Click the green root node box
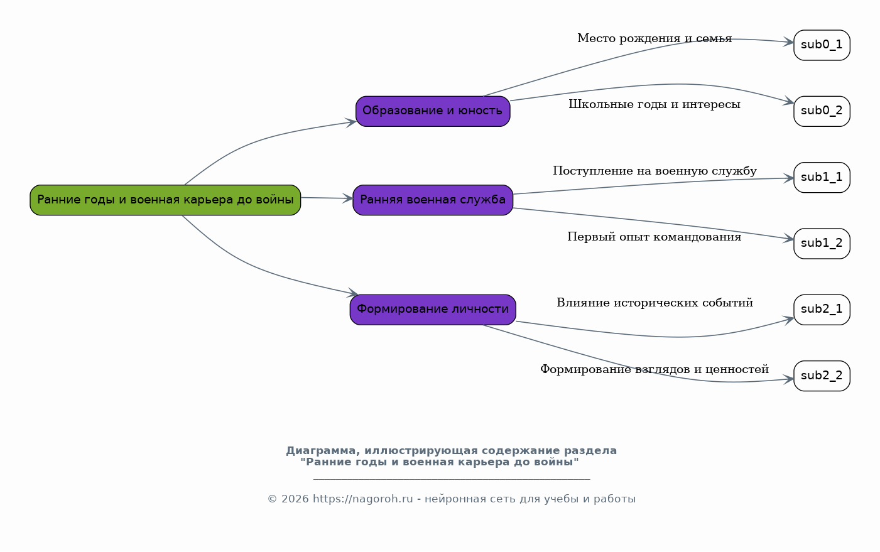pos(165,200)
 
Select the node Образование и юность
pos(433,111)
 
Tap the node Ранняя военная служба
pos(433,200)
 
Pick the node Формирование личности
pos(433,310)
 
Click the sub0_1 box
pos(822,45)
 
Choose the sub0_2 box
pos(822,111)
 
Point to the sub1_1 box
pos(822,177)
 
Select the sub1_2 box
pos(822,244)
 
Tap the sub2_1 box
pos(822,310)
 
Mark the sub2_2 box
pos(822,376)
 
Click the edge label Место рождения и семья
pos(655,38)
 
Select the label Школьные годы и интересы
pos(655,104)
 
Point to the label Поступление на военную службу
pos(655,171)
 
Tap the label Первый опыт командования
pos(655,237)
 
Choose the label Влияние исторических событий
pos(655,303)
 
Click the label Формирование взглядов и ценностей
pos(655,369)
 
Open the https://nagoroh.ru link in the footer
pos(362,499)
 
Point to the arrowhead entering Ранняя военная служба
pos(347,198)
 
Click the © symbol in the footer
pos(272,499)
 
